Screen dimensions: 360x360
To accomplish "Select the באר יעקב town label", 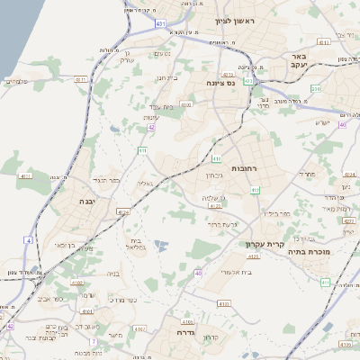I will point(300,61).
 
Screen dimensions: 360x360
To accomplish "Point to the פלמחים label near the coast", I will point(17,83).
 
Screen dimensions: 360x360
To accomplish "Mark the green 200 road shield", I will point(315,88).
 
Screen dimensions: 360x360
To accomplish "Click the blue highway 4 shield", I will point(28,240).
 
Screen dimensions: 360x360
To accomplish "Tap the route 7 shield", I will point(93,342).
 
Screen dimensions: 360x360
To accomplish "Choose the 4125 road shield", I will point(253,256).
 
